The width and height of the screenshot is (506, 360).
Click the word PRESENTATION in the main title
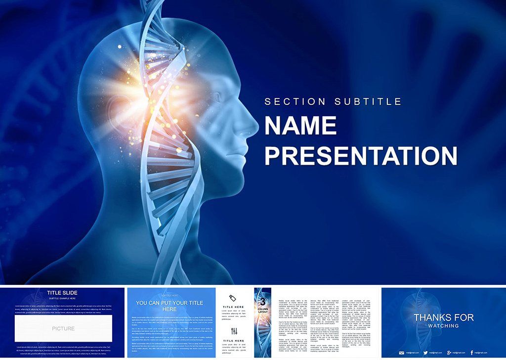click(x=361, y=155)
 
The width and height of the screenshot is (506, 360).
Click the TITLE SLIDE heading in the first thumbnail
click(x=62, y=293)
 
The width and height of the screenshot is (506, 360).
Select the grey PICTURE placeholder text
click(x=63, y=328)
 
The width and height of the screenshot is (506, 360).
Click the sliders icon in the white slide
click(x=234, y=331)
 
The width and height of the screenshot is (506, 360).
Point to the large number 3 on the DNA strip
click(x=263, y=301)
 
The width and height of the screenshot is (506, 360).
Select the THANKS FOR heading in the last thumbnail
click(x=443, y=317)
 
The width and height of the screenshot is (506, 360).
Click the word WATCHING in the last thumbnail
click(x=443, y=326)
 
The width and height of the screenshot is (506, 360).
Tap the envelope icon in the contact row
click(x=401, y=353)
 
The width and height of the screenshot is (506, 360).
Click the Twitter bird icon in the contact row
click(x=425, y=353)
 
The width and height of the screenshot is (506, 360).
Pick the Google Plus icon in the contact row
click(x=449, y=353)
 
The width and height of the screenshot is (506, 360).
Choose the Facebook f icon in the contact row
click(x=472, y=353)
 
